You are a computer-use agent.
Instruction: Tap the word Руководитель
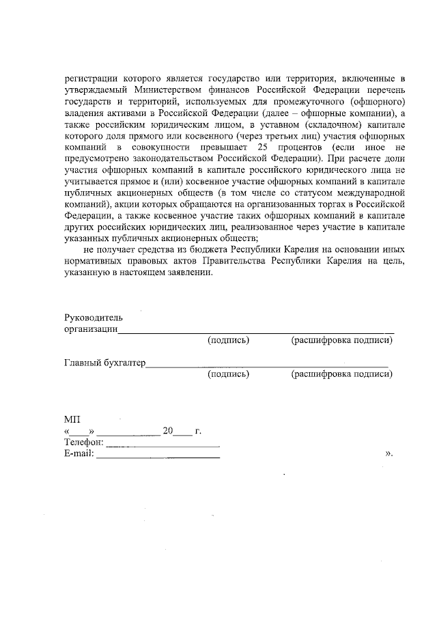point(93,318)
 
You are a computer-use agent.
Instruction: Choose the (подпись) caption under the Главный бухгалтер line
point(228,374)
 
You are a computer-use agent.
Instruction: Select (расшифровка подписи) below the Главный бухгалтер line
point(341,374)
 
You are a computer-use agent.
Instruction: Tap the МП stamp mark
point(72,419)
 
